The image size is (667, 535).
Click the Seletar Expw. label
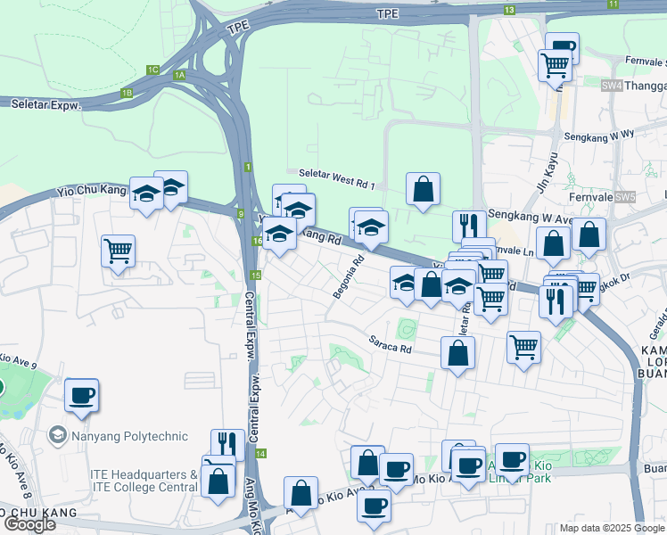[45, 104]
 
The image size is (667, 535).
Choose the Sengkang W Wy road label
[598, 136]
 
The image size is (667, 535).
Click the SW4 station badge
[611, 86]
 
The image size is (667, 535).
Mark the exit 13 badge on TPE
[509, 10]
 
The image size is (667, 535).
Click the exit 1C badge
[152, 70]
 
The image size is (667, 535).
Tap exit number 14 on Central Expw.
[260, 454]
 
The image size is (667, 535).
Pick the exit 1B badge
[127, 93]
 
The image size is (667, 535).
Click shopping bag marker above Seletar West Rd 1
[423, 188]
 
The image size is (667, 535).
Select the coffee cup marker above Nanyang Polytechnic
[81, 394]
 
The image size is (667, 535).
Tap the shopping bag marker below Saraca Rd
[457, 353]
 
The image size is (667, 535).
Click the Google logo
[29, 524]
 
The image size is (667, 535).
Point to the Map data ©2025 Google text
[611, 528]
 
